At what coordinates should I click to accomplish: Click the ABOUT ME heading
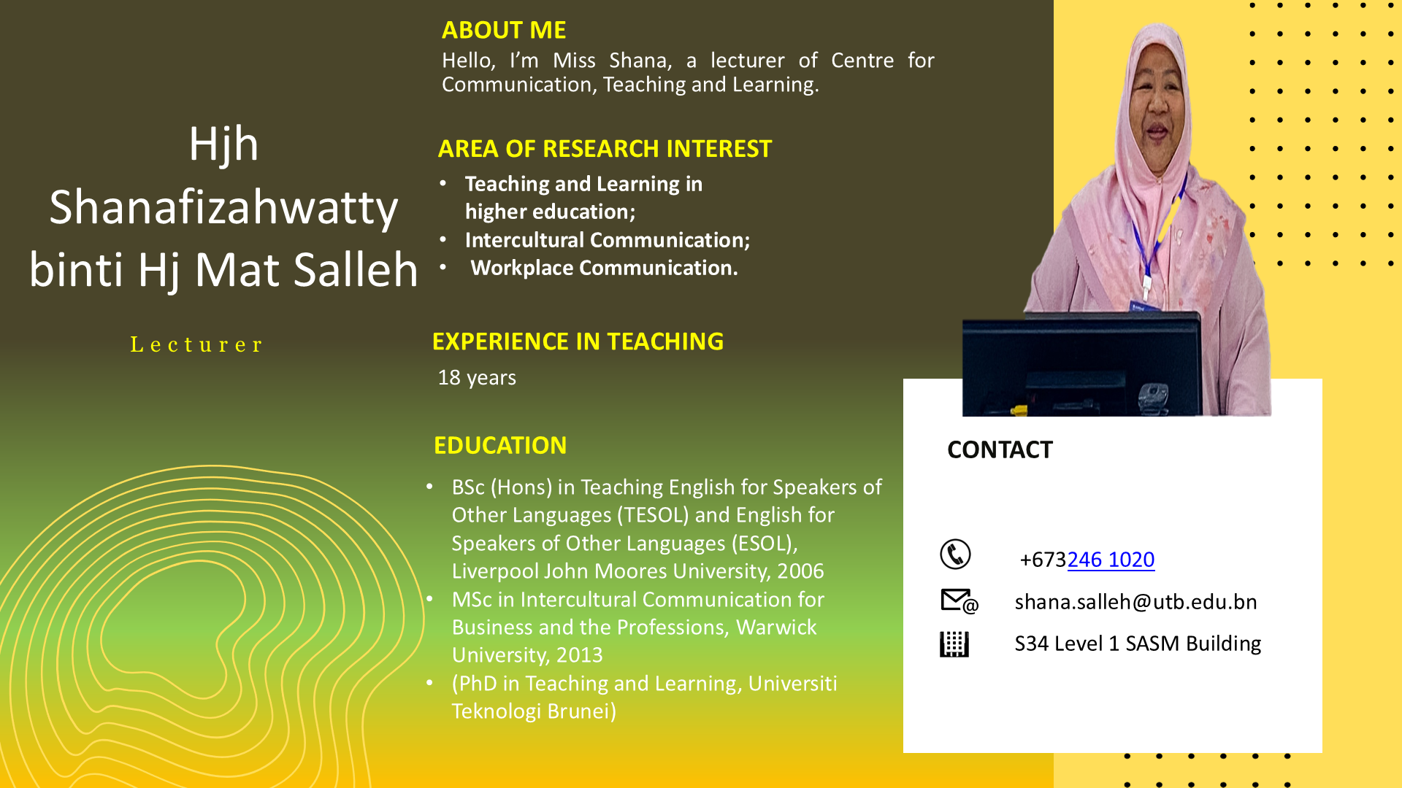(504, 30)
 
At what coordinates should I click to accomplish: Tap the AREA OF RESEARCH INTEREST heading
(605, 149)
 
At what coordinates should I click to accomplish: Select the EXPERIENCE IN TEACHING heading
(578, 341)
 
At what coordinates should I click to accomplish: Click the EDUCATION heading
(500, 445)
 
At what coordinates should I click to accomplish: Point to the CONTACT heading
(1000, 449)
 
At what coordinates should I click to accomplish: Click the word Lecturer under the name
(196, 344)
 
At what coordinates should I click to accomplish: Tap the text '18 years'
(477, 378)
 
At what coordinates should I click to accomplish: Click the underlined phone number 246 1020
(1111, 560)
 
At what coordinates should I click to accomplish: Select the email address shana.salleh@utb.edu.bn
(1135, 602)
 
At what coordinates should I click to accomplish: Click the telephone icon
(955, 555)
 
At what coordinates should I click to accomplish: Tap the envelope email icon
(959, 601)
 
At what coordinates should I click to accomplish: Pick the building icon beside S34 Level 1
(954, 644)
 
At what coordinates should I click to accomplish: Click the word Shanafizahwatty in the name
(223, 207)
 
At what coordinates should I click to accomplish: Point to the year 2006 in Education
(800, 571)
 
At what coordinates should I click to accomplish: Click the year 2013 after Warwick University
(580, 655)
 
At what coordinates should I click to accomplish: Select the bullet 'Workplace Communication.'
(604, 269)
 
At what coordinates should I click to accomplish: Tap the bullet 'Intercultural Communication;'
(608, 240)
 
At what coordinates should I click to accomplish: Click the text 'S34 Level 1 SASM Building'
(1138, 644)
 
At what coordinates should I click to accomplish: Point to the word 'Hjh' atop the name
(223, 144)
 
